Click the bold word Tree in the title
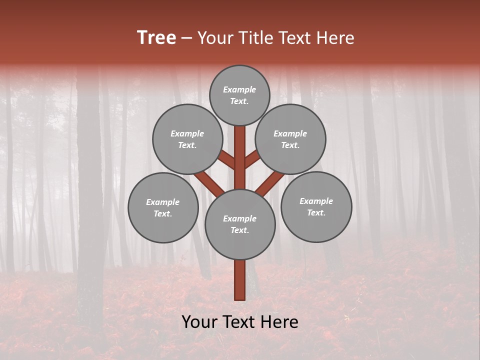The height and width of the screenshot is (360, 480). coord(156,37)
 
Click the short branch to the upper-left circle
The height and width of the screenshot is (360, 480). coord(226,160)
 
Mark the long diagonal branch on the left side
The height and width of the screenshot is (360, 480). coord(209,182)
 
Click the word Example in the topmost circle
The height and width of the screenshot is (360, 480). coord(239,89)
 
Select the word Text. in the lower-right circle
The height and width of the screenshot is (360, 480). coord(316,212)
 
